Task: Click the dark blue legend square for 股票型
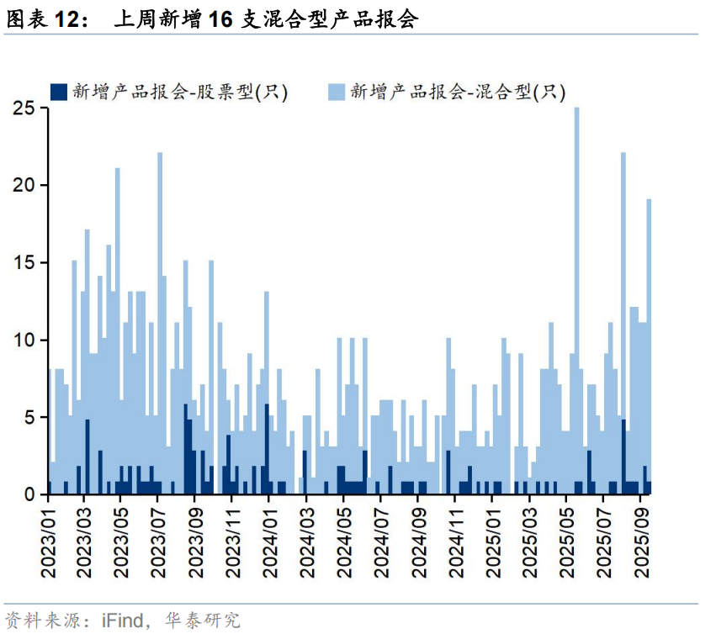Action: [59, 92]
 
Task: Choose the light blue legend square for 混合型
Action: [335, 92]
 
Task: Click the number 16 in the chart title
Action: [220, 20]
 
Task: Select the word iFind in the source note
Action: [122, 621]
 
